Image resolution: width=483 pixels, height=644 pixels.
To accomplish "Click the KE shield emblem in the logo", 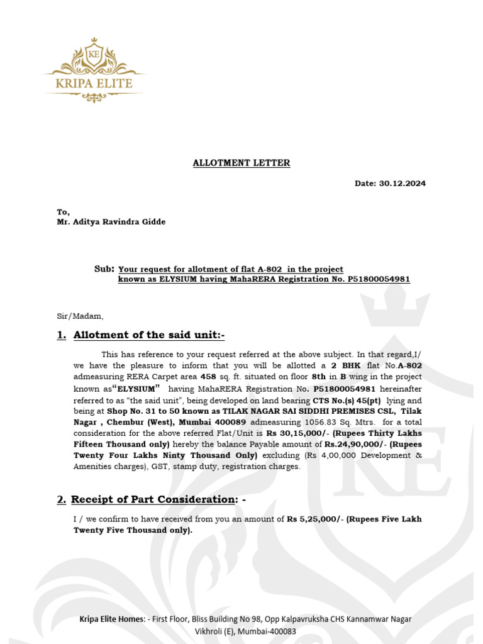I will coord(94,53).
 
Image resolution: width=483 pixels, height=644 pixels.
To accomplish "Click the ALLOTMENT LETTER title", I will coord(241,163).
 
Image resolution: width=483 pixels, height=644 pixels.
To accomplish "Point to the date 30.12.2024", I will coord(402,184).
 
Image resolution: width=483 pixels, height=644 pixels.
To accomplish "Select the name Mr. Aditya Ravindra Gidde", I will coord(112,222).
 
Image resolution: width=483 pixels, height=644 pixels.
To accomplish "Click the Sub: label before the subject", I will coord(104,269).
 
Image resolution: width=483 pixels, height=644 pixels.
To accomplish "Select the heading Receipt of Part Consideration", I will coord(152,499).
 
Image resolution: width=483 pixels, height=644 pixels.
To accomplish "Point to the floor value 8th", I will coord(319,377).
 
